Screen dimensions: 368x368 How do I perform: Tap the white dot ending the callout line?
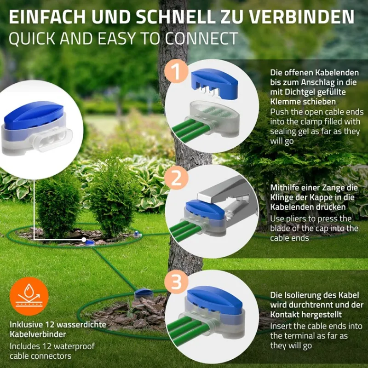tap(83, 239)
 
